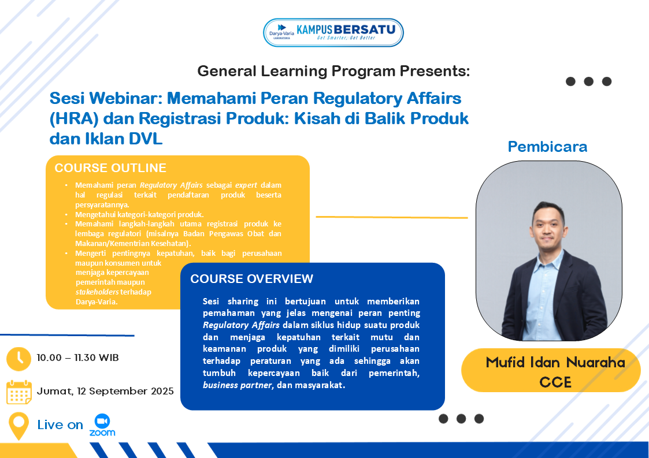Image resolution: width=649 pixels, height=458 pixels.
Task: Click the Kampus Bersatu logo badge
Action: [333, 32]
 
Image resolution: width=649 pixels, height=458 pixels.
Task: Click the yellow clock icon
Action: [18, 359]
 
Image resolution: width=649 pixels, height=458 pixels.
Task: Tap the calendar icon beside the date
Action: [18, 392]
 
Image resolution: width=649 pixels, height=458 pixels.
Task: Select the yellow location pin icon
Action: [18, 426]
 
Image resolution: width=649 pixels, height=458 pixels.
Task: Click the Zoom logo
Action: [102, 425]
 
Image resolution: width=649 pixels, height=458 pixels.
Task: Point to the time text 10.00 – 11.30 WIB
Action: [77, 358]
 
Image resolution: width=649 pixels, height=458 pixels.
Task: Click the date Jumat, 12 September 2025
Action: [105, 391]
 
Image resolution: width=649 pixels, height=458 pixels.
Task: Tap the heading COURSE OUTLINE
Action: [110, 167]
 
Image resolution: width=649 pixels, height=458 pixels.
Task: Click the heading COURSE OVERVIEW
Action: [251, 278]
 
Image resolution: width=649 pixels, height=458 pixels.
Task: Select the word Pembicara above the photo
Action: [547, 147]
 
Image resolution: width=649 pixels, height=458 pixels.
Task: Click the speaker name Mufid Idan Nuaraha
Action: [555, 363]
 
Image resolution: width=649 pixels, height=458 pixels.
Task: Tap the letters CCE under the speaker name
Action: [555, 382]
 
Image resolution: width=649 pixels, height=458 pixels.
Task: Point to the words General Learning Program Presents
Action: [333, 71]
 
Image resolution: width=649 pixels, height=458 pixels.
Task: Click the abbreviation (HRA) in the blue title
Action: [74, 118]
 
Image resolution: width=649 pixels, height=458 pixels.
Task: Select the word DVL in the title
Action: [145, 139]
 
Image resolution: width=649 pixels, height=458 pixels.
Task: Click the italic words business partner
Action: [237, 385]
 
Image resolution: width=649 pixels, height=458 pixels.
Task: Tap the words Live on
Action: [60, 425]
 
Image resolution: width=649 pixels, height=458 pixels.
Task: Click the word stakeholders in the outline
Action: [97, 292]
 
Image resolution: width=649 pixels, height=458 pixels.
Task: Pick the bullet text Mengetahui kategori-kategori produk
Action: [139, 214]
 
